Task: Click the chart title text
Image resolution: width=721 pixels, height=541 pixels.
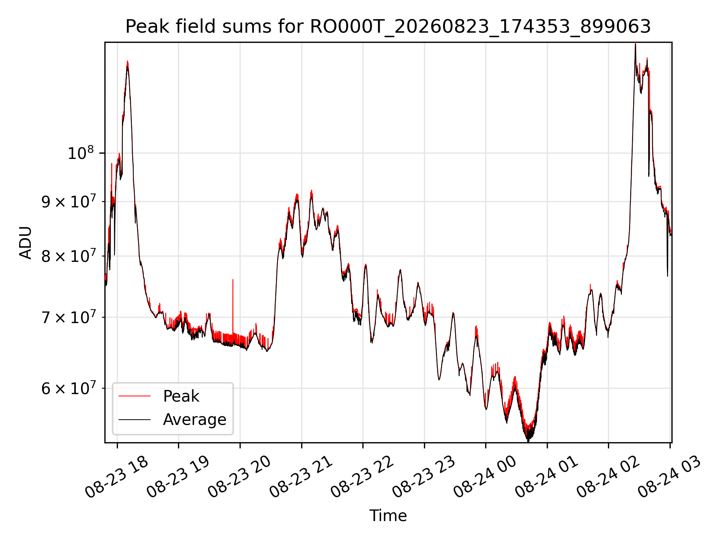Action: click(x=388, y=27)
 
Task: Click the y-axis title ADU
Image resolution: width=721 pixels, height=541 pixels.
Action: click(x=26, y=243)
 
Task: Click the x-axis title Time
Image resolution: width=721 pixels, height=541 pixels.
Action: click(x=388, y=515)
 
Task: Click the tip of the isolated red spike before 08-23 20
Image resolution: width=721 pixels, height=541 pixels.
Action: click(x=233, y=280)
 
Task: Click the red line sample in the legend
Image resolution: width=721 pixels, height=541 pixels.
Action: click(x=134, y=396)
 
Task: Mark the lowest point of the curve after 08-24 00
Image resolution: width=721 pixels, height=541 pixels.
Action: click(x=528, y=441)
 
